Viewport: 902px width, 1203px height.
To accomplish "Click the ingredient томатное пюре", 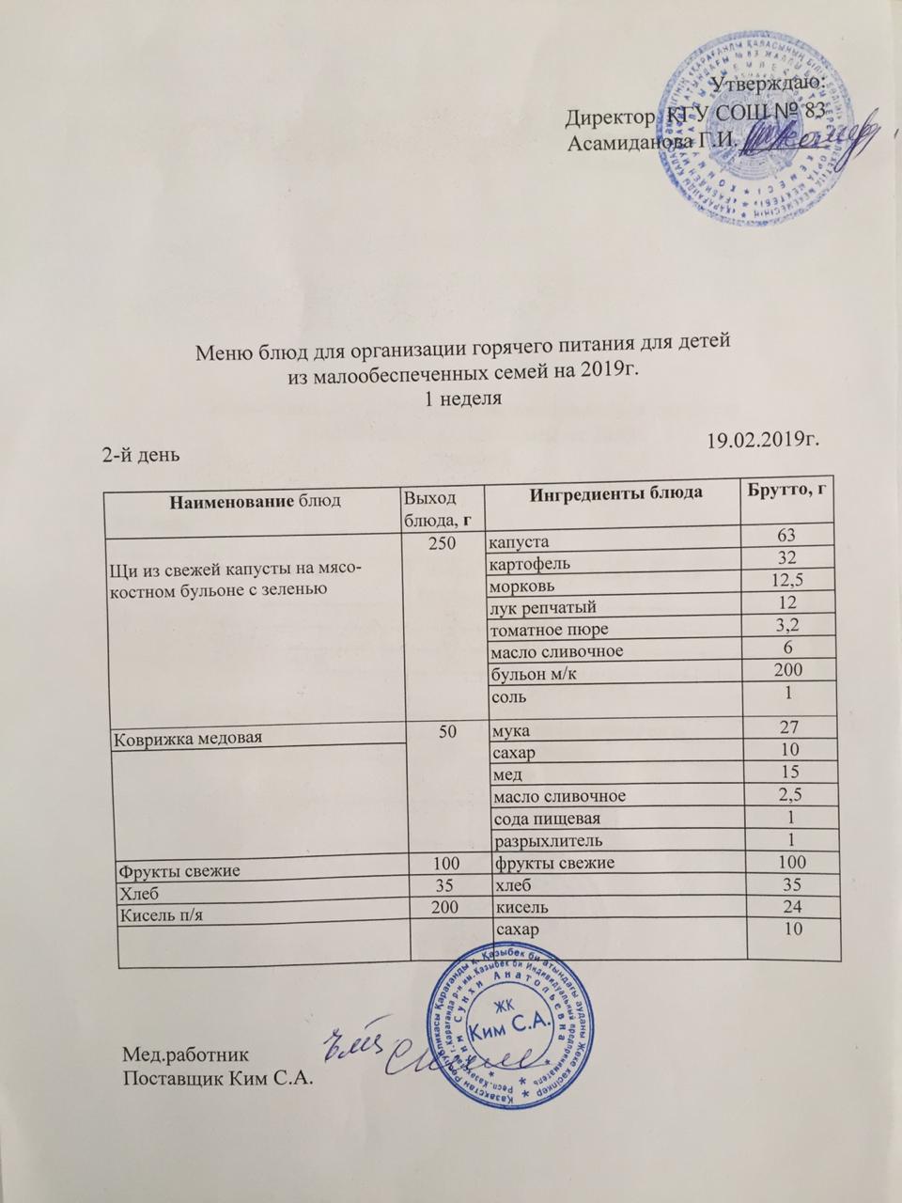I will [x=546, y=628].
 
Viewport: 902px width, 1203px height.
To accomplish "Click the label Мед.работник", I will [x=187, y=1052].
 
